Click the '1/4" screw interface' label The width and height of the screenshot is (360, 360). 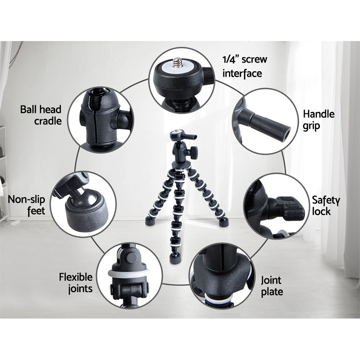pos(245,66)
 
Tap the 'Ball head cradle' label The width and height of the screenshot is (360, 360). pos(41,115)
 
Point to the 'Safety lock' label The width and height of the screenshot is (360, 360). pos(326,206)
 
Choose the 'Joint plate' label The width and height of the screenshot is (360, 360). pos(272,286)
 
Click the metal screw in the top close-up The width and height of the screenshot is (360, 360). pos(178,63)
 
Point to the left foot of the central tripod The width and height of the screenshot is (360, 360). pos(150,221)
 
